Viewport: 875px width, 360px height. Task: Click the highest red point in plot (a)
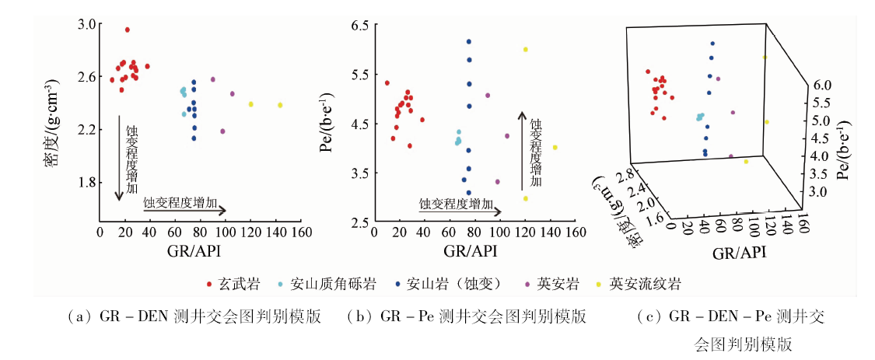tap(128, 30)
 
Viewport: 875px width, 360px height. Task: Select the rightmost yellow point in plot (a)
tap(280, 105)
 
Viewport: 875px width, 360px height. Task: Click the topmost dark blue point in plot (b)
tap(469, 41)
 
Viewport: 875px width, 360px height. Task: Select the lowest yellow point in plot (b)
tap(526, 198)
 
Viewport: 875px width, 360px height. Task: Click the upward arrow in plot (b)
tap(523, 151)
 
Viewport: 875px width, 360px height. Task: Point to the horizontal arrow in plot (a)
tap(185, 210)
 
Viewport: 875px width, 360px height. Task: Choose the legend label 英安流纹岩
tap(645, 284)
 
